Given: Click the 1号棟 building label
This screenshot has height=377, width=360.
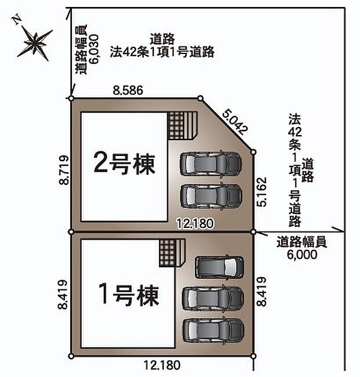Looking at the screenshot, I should click(125, 297).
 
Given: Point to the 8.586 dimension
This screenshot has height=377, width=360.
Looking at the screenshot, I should click(128, 90).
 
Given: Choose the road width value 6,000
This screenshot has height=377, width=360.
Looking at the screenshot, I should click(301, 253).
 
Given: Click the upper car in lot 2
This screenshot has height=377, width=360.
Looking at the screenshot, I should click(210, 164).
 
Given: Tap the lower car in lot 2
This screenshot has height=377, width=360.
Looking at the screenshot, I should click(210, 196).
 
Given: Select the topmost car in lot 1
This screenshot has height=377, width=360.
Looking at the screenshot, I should click(218, 267).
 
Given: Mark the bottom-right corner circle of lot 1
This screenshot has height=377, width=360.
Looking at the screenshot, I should click(254, 356).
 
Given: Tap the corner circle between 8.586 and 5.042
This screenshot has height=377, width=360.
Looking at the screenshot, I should click(200, 99).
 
